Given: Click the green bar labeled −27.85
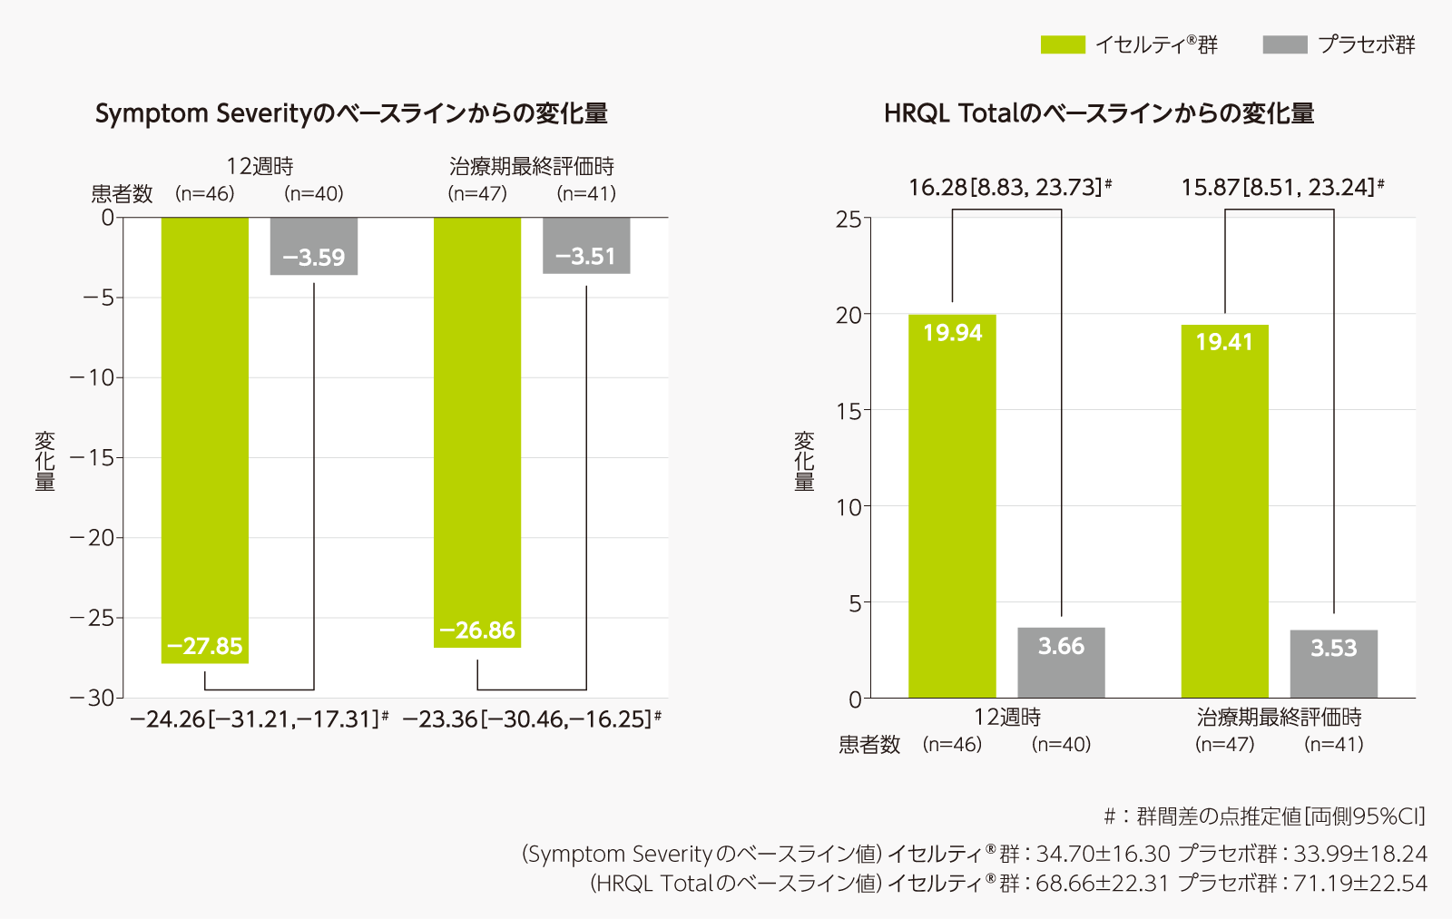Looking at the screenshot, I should pyautogui.click(x=205, y=440).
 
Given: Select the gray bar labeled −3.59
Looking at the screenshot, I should pyautogui.click(x=314, y=246).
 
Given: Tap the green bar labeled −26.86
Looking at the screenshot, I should pyautogui.click(x=477, y=432).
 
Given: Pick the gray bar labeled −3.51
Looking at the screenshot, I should pyautogui.click(x=586, y=245).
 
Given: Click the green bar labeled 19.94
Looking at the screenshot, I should pyautogui.click(x=952, y=506).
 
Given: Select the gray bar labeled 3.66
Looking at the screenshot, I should pyautogui.click(x=1061, y=662).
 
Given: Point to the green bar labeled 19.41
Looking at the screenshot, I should pyautogui.click(x=1224, y=511).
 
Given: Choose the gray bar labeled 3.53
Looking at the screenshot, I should pyautogui.click(x=1333, y=664).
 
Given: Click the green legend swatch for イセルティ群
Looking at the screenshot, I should pyautogui.click(x=1063, y=44).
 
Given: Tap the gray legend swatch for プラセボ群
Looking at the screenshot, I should pyautogui.click(x=1285, y=44).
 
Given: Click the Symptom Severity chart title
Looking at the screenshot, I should pyautogui.click(x=351, y=113).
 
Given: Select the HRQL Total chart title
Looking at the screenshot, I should pyautogui.click(x=1099, y=113).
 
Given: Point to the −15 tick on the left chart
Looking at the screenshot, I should pyautogui.click(x=93, y=457).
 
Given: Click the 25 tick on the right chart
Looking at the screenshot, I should pyautogui.click(x=849, y=219).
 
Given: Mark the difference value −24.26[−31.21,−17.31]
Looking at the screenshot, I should pyautogui.click(x=256, y=719).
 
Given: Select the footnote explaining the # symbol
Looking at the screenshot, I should pyautogui.click(x=1264, y=816).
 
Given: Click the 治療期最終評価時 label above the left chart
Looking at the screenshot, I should pyautogui.click(x=532, y=166).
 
